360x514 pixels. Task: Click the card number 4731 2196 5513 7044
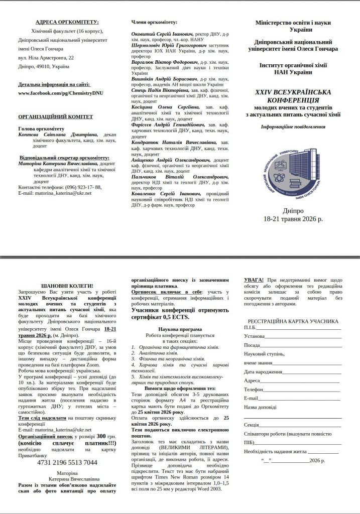(x=67, y=462)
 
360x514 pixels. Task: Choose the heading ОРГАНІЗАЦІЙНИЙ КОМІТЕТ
(x=55, y=117)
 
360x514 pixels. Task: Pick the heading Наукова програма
(x=180, y=328)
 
